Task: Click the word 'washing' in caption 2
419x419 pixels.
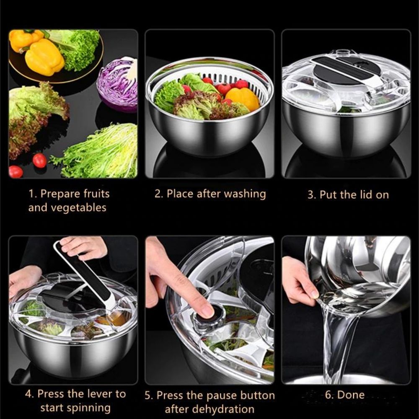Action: coord(245,194)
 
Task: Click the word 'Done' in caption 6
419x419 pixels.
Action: coord(351,395)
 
